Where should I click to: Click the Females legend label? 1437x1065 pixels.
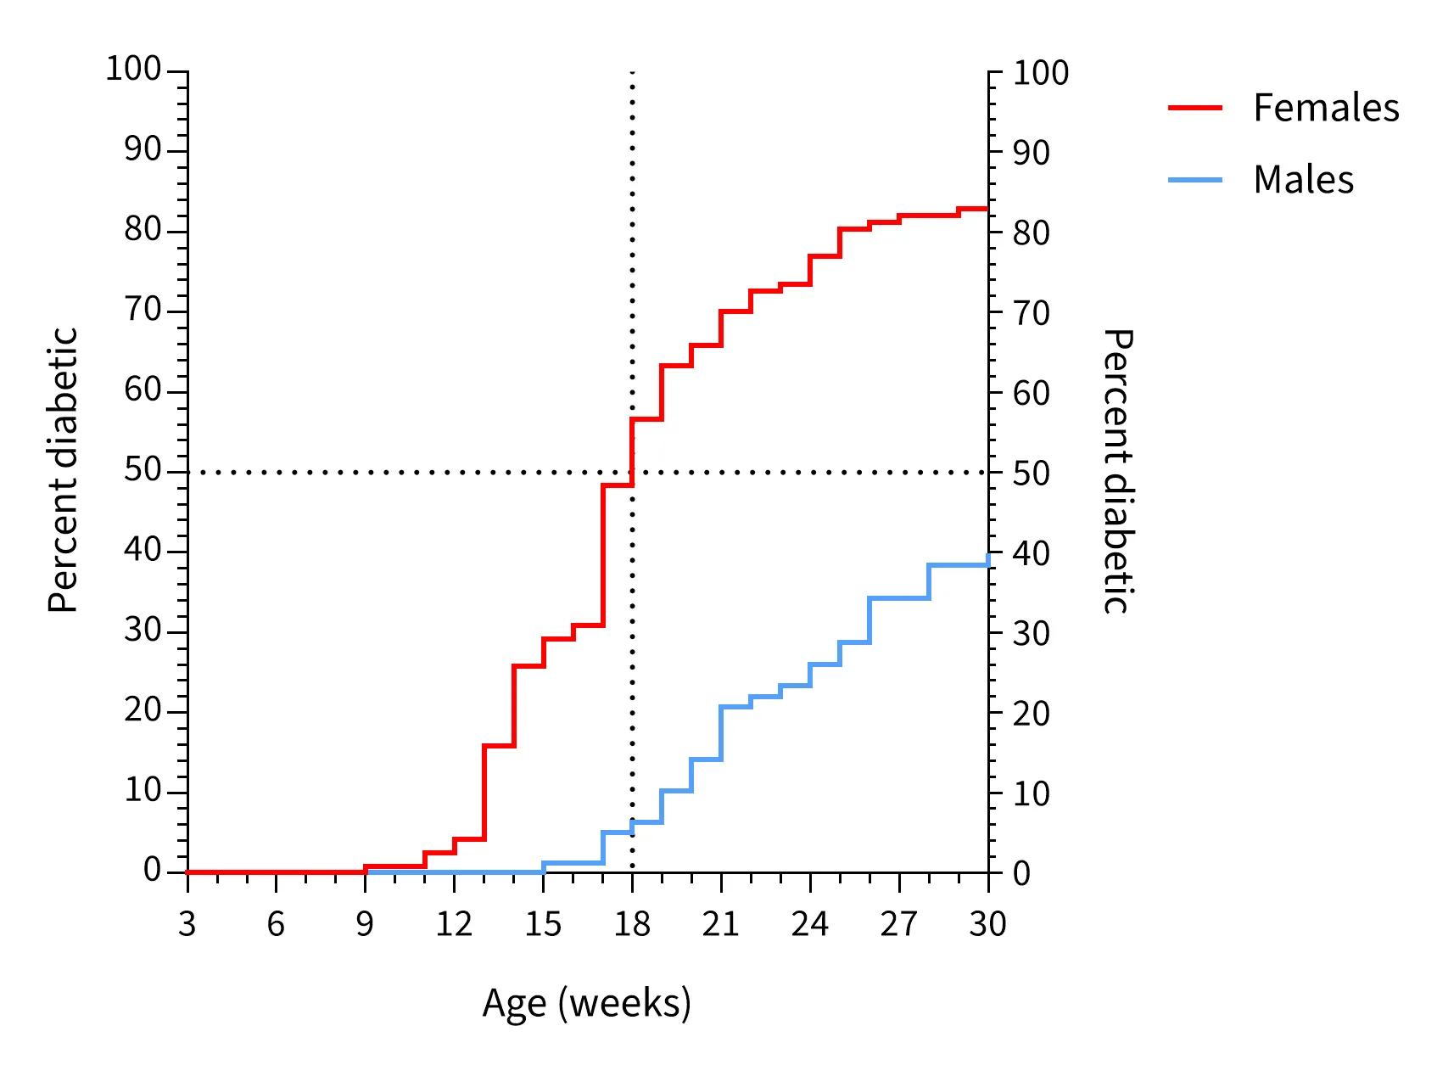pos(1326,108)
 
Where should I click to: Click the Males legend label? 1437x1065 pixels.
pos(1303,180)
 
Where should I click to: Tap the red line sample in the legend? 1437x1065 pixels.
pos(1195,108)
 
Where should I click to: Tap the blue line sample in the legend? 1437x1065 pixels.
pos(1195,180)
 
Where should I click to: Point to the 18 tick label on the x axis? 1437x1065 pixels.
pos(632,923)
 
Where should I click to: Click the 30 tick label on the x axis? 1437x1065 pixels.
pos(987,923)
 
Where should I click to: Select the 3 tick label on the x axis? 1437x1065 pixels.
pos(187,923)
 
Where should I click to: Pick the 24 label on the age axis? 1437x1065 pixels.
pos(809,923)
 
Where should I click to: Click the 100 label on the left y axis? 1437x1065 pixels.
pos(133,69)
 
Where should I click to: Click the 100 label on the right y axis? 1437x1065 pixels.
pos(1041,73)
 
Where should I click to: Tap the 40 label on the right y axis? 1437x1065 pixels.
pos(1031,553)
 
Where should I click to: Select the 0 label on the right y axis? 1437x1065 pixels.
pos(1021,873)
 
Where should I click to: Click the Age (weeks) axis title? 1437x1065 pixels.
pos(586,1003)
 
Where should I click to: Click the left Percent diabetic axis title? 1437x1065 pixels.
pos(63,470)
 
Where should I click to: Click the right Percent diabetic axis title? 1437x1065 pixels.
pos(1117,470)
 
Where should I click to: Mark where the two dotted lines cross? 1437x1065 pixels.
pos(632,472)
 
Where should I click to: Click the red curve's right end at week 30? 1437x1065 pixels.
pos(987,209)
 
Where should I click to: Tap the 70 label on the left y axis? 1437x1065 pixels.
pos(143,310)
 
